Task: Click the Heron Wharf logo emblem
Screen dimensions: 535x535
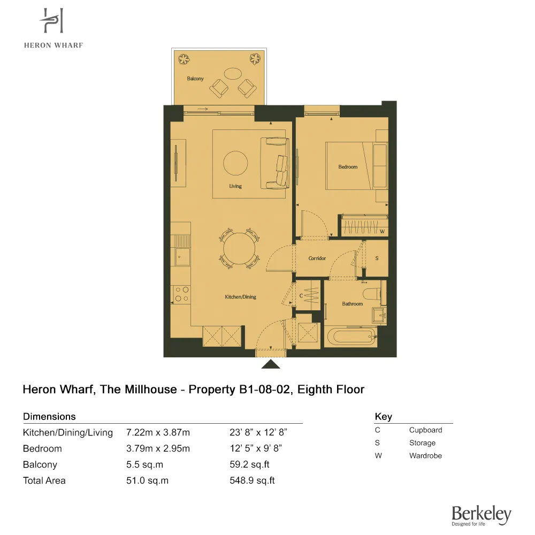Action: click(52, 22)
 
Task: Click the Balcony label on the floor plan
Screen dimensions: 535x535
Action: click(195, 79)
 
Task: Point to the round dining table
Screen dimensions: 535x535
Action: click(239, 249)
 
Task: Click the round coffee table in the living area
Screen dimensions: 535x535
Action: click(235, 163)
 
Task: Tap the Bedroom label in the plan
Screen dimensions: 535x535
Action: click(348, 167)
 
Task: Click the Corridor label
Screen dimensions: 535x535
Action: click(317, 258)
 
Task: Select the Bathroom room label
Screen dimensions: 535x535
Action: click(353, 304)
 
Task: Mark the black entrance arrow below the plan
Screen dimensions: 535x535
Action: click(271, 364)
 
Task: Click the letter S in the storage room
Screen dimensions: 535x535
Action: click(377, 258)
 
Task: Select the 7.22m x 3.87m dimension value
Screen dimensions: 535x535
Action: click(158, 432)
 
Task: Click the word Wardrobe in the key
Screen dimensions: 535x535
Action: click(425, 456)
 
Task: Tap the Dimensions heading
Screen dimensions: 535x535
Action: click(49, 416)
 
